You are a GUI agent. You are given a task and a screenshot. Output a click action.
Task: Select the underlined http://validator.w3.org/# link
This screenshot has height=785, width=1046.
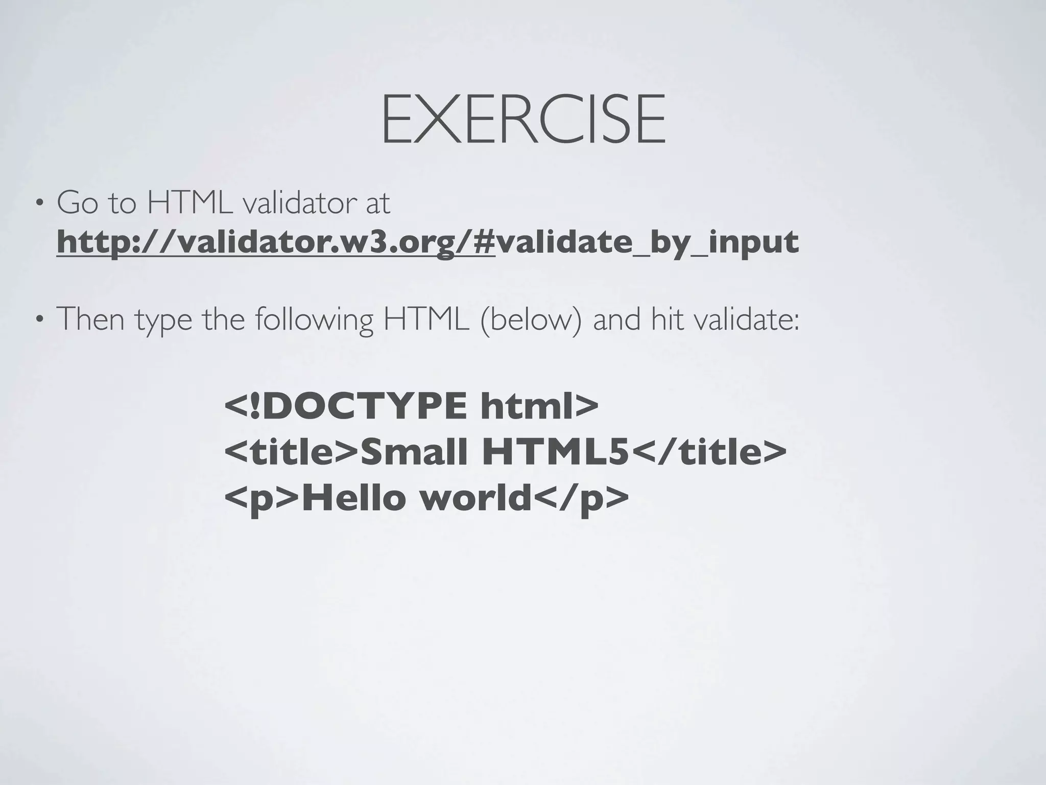(276, 242)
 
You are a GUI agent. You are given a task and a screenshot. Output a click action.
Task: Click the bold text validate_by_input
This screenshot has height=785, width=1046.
(647, 242)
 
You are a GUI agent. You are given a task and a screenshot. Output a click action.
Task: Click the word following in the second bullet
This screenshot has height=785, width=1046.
(314, 319)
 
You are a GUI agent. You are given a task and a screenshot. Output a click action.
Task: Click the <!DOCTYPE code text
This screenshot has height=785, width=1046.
(345, 406)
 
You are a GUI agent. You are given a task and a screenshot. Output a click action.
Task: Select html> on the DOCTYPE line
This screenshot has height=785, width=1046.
(539, 406)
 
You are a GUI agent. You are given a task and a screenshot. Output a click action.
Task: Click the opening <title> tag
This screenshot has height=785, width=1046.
(292, 452)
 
